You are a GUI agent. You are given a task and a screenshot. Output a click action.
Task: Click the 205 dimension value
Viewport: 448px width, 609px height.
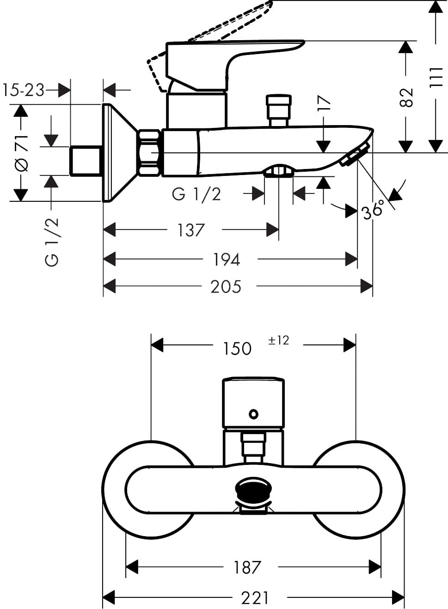click(226, 287)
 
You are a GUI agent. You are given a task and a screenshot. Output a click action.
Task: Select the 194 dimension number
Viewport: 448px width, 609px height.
click(226, 259)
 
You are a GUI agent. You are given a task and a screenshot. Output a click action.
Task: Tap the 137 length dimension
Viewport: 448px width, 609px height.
click(191, 230)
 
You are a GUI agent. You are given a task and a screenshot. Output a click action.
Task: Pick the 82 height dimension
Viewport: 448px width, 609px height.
click(406, 97)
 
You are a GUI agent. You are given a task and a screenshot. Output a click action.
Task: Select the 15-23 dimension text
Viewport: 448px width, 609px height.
click(24, 90)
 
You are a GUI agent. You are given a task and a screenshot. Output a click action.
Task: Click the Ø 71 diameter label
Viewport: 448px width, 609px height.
click(21, 153)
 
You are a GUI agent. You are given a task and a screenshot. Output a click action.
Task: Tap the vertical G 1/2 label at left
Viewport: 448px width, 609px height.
click(52, 242)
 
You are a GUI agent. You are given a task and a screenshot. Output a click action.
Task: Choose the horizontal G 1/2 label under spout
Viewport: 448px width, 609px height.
click(196, 194)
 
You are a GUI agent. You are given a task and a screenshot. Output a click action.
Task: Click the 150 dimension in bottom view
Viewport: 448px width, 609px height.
click(237, 349)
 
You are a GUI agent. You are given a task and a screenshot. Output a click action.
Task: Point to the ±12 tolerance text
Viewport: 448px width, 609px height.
click(278, 340)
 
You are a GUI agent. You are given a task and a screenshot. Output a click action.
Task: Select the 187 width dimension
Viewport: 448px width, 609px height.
click(247, 567)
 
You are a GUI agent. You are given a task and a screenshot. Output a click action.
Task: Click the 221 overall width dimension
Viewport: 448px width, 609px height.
click(254, 598)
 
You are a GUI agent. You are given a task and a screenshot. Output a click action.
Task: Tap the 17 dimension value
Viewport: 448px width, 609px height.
click(325, 103)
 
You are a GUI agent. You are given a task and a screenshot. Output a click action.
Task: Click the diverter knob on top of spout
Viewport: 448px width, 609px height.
click(279, 110)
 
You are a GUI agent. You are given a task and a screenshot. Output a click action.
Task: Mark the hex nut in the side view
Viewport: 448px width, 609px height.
click(149, 153)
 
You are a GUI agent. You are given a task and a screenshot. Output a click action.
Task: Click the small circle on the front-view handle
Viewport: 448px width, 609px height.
click(253, 414)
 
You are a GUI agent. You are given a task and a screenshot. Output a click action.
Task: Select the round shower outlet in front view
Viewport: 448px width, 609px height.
click(253, 490)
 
